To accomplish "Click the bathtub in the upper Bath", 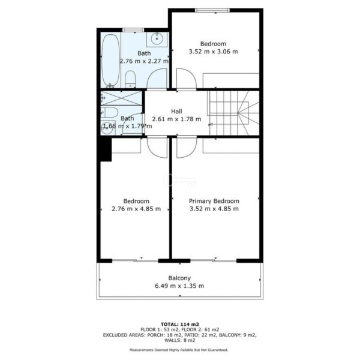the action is coord(110,60).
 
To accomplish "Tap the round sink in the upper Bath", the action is coord(157,38).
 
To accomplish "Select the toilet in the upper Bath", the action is coord(130,79).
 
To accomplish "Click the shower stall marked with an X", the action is coord(121,98).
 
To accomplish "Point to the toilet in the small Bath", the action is coord(109,113).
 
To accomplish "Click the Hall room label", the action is coord(176,112).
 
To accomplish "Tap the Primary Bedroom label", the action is coord(214,201).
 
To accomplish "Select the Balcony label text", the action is coord(179,278).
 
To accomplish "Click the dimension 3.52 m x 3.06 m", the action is coord(213,52).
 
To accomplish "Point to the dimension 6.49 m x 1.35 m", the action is coord(179,286).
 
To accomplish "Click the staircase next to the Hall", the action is coord(233,113).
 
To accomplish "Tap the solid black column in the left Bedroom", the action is coord(106,149).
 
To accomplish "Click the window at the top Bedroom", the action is coord(212,10).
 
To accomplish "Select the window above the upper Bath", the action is coord(133,30).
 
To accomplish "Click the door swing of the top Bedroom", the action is coord(186,79).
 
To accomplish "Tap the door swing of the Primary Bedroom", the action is coord(187,148).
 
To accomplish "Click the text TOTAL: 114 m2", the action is coord(180,325).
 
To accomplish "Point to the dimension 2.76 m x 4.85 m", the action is coord(136,209).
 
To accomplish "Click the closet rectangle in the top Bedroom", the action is coord(231,80).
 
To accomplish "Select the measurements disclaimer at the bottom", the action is coord(179,350).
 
